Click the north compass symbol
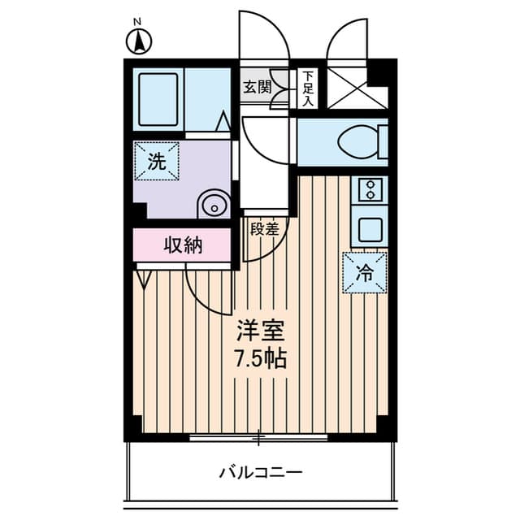[x=140, y=39]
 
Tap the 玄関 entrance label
[x=257, y=87]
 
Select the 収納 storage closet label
[x=183, y=245]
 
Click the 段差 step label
[x=264, y=229]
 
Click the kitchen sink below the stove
[x=370, y=229]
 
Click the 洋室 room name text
[x=261, y=331]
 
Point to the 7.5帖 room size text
[x=261, y=358]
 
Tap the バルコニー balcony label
[x=260, y=472]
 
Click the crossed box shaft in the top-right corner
[x=357, y=89]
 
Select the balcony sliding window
[x=258, y=438]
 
